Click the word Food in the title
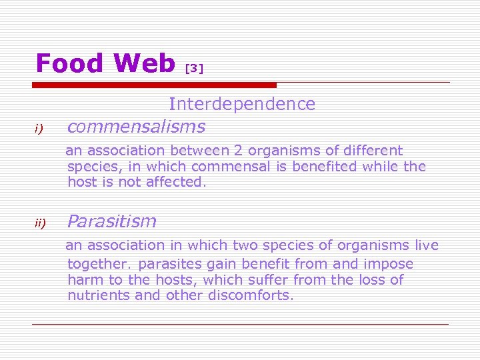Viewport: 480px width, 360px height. [x=70, y=63]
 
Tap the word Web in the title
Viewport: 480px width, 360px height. [x=144, y=63]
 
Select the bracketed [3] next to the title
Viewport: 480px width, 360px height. [x=193, y=68]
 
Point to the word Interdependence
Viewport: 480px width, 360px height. [x=242, y=104]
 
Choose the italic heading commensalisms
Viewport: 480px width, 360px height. [x=136, y=126]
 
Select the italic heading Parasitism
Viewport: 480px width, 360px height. [x=112, y=221]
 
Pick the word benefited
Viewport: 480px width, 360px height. [x=327, y=166]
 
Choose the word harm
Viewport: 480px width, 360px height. [x=84, y=279]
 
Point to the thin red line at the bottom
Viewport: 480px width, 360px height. [x=240, y=324]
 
